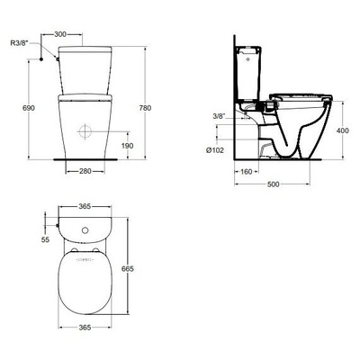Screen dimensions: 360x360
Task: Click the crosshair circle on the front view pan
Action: coord(86,130)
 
